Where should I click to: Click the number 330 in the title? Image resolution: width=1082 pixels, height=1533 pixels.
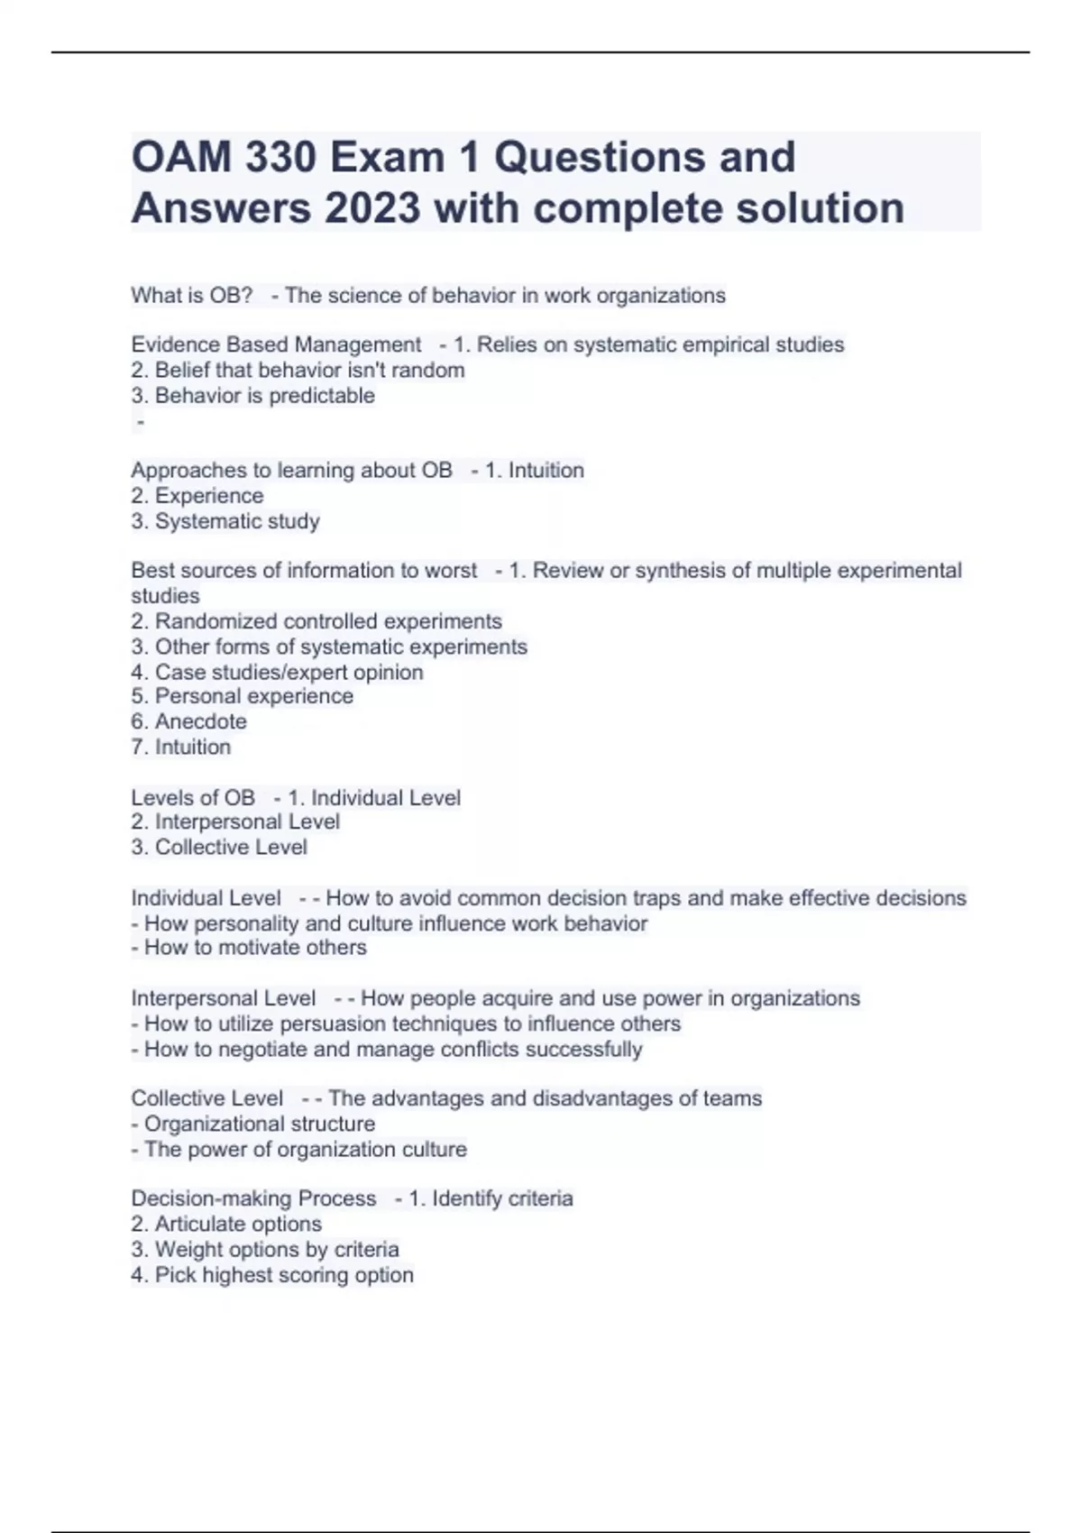point(280,158)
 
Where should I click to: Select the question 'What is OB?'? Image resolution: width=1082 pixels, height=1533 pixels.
point(191,296)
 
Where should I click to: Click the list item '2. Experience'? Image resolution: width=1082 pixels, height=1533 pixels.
point(197,496)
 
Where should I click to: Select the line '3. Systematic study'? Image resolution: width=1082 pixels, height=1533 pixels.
point(225,521)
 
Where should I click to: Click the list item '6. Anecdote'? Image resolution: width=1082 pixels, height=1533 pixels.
point(188,721)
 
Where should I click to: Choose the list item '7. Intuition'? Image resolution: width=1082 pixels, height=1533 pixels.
point(180,747)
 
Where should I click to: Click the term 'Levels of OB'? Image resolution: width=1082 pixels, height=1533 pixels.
point(193,798)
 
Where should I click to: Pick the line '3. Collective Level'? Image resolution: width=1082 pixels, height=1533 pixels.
point(219,848)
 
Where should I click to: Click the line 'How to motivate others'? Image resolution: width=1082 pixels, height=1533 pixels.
point(249,948)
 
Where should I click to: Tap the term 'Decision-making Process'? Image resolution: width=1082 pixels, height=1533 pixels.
point(253,1199)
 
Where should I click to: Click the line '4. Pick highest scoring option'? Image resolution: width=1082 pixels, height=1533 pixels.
point(272,1275)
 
